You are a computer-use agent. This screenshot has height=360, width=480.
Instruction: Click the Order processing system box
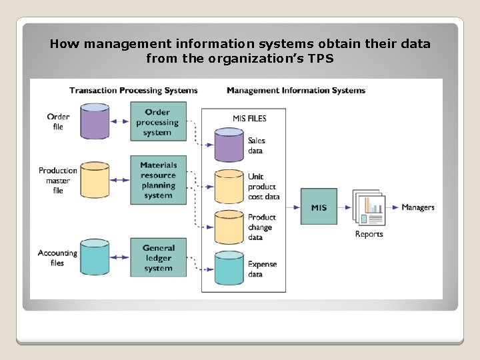[158, 122]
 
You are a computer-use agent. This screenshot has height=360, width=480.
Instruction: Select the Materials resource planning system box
[158, 180]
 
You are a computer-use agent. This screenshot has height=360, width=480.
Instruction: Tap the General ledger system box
[158, 258]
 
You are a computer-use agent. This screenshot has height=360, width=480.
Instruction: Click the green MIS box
[319, 207]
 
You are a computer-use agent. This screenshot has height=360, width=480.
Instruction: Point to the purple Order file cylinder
[95, 121]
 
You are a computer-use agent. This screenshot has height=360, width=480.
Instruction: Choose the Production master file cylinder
[95, 180]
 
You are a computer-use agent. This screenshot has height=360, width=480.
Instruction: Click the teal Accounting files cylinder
[95, 257]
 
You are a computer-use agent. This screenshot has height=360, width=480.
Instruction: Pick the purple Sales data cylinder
[229, 145]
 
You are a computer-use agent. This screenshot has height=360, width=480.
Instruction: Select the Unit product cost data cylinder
[229, 187]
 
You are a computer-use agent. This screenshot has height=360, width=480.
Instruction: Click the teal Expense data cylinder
[229, 269]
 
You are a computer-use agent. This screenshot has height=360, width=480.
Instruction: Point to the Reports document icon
[369, 208]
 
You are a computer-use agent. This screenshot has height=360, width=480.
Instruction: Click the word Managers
[418, 207]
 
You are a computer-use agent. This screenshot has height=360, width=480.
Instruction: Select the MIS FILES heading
[249, 119]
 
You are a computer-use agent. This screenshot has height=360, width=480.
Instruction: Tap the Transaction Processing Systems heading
[133, 91]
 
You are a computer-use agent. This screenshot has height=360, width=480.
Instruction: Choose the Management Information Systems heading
[296, 91]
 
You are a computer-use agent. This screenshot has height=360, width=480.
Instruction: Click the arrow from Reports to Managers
[393, 207]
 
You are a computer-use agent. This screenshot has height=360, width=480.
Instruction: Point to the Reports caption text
[369, 234]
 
